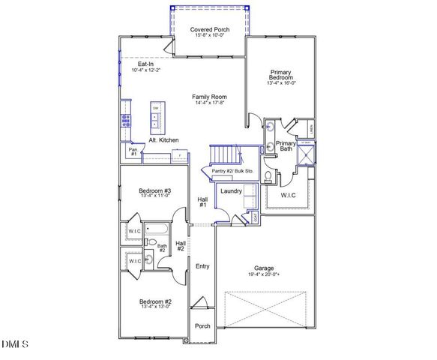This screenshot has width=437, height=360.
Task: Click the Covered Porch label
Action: (x=210, y=30)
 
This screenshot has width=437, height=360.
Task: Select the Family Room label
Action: (x=209, y=97)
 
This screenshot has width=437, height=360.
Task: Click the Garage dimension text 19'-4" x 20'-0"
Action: (x=264, y=275)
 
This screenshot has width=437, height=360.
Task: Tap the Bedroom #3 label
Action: (x=155, y=191)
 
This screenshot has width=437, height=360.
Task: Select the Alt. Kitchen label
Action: (x=163, y=140)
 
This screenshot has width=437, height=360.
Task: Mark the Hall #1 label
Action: (x=202, y=201)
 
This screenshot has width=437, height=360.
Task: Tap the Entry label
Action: (x=202, y=266)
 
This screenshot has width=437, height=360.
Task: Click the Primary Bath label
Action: (x=286, y=145)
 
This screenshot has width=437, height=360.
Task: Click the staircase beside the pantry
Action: (x=224, y=155)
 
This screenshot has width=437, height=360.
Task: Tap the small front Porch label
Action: (x=202, y=326)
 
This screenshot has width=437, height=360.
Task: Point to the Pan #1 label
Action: (x=133, y=151)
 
